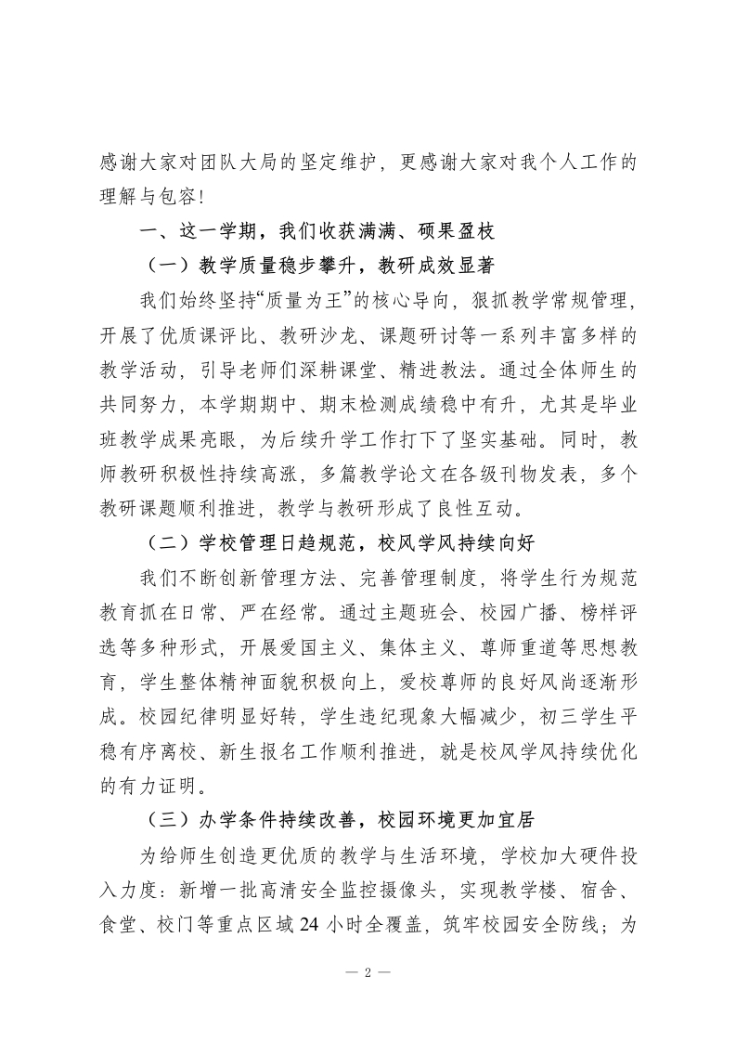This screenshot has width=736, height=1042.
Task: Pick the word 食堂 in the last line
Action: point(120,924)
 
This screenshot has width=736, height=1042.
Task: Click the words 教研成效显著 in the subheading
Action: point(430,265)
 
